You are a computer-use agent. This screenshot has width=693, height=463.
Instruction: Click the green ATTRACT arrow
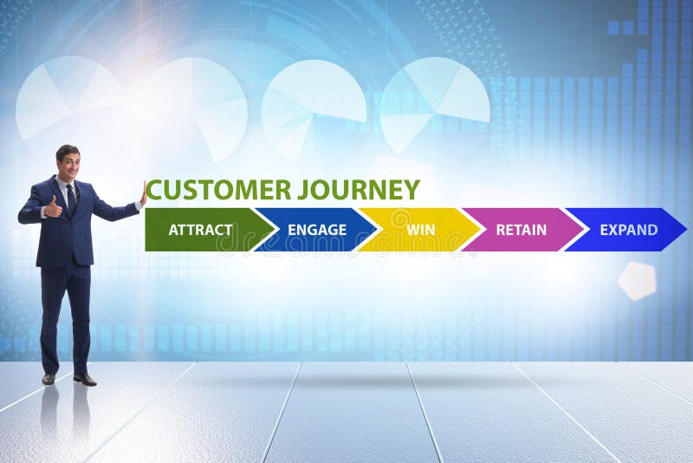coord(201,230)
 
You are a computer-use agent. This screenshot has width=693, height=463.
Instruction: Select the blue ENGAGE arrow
coord(317,230)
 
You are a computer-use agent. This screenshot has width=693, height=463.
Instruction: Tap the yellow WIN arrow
coord(421,230)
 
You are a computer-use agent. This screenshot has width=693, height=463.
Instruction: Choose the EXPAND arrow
coord(628,230)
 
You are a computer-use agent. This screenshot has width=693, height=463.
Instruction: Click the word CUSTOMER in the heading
coord(218,190)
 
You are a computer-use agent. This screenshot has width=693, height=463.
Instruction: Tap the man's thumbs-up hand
coord(54,208)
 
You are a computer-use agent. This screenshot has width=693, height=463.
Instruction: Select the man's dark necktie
coord(70,197)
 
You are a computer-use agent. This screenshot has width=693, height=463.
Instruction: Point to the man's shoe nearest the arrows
coord(85,379)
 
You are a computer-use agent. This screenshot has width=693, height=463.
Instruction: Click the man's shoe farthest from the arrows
coord(49,378)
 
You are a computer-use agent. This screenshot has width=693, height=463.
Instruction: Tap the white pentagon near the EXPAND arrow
coord(637,281)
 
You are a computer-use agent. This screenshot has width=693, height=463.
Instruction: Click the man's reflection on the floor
coord(66,416)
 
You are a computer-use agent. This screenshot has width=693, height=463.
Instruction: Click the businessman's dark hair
coord(68,150)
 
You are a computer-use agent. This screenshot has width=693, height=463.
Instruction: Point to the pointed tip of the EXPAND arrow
coord(684,230)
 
